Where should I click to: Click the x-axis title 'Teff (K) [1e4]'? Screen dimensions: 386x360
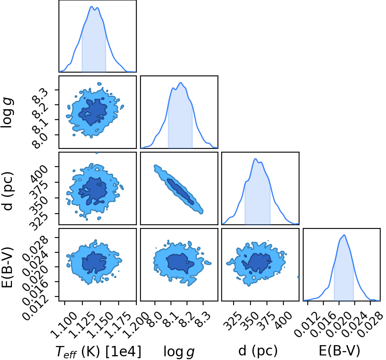pos(98,351)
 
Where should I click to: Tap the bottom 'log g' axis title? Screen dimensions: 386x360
pos(179,352)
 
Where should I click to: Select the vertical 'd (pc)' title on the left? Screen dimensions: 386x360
pos(8,191)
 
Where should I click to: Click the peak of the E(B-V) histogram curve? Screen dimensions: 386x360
pos(344,235)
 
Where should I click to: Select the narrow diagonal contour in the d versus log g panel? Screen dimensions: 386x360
pos(179,189)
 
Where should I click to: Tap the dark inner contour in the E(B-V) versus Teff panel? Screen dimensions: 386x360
pos(94,263)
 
